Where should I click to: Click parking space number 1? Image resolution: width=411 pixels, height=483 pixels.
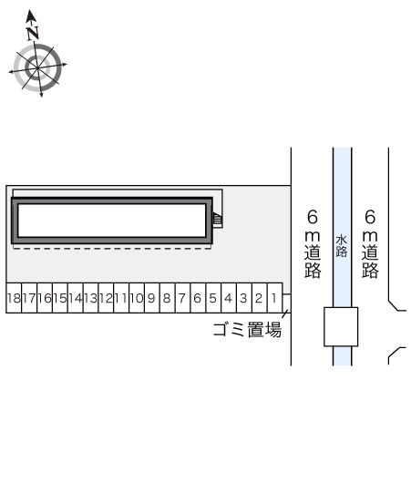pyautogui.click(x=275, y=298)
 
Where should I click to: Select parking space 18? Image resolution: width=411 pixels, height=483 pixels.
pyautogui.click(x=14, y=298)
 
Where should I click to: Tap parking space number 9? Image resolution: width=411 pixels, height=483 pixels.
pyautogui.click(x=152, y=298)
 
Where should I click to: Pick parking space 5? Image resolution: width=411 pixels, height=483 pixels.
pyautogui.click(x=213, y=298)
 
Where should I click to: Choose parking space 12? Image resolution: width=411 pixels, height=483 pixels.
pyautogui.click(x=106, y=298)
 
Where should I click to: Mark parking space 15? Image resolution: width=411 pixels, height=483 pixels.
pyautogui.click(x=60, y=298)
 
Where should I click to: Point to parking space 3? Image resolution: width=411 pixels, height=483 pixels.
pyautogui.click(x=244, y=298)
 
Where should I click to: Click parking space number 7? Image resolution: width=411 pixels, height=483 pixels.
pyautogui.click(x=182, y=298)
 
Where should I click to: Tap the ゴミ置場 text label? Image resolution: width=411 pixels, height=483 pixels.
pyautogui.click(x=247, y=330)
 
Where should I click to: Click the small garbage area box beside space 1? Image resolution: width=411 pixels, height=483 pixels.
pyautogui.click(x=287, y=303)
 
